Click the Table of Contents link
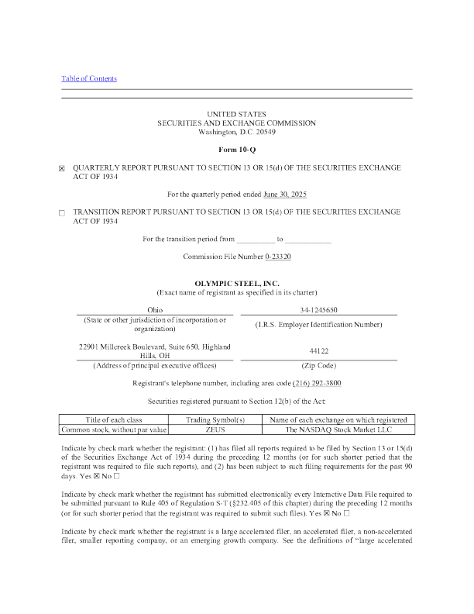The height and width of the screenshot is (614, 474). [x=88, y=78]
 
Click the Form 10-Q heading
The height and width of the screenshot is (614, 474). [x=236, y=150]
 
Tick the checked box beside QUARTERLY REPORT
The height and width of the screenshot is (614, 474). [x=63, y=167]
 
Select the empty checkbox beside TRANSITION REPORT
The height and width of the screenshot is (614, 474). [x=63, y=212]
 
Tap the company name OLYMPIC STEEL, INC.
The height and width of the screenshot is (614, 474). [x=236, y=285]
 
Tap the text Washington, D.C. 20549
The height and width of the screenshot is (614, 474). [x=236, y=132]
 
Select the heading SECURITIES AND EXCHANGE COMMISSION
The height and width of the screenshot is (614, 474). [x=236, y=123]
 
